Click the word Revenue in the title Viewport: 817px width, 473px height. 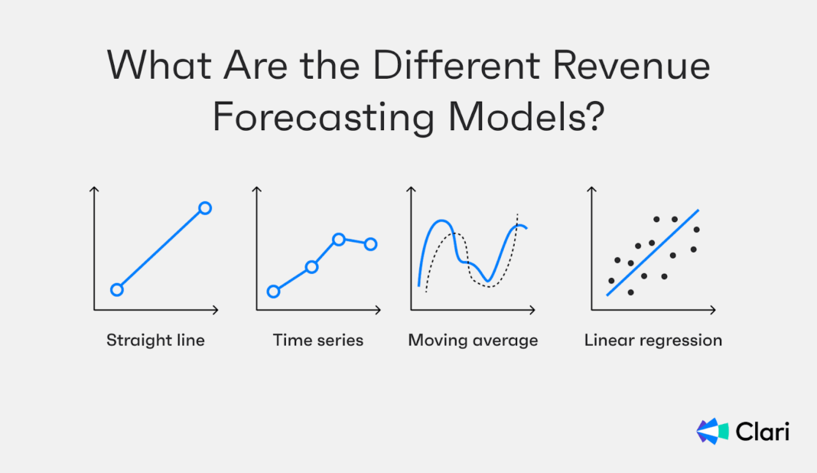[631, 67]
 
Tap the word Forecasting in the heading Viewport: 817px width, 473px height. [323, 118]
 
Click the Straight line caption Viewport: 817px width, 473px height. [155, 340]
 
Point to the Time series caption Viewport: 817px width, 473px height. [317, 340]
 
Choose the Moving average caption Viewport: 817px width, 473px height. [473, 341]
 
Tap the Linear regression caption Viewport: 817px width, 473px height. [653, 341]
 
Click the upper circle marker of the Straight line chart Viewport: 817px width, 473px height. [205, 209]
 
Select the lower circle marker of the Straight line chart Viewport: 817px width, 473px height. [117, 290]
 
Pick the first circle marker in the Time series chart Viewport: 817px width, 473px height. [274, 292]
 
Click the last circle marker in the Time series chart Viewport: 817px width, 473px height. [370, 244]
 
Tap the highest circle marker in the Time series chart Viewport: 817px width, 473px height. [339, 240]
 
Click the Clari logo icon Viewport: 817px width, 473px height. [712, 431]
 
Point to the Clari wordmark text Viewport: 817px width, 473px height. [762, 432]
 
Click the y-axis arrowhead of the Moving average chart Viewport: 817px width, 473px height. [411, 189]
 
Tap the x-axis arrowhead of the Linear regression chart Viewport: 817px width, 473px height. [713, 310]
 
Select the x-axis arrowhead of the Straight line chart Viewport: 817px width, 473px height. [215, 310]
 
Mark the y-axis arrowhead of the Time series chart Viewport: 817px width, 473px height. [256, 189]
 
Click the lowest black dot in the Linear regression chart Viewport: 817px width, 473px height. [630, 292]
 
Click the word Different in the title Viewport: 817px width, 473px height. [457, 66]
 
